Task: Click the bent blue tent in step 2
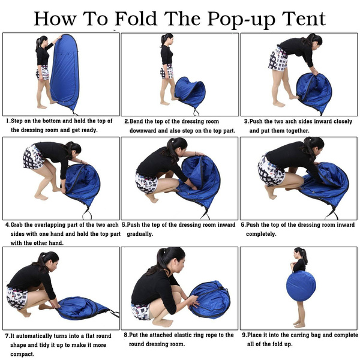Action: click(190, 91)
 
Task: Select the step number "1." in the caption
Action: click(8, 121)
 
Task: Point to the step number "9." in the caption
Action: click(244, 335)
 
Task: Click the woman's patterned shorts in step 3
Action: click(278, 59)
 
